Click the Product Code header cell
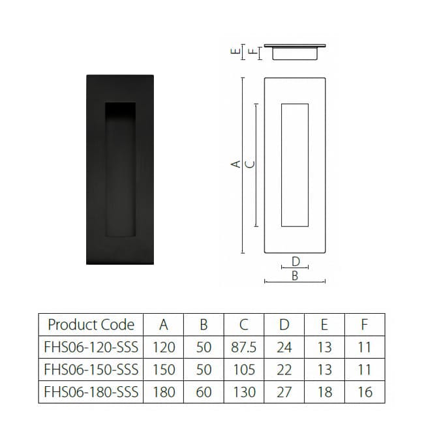pos(91,325)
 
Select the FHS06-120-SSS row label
pos(91,347)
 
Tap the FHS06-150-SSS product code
pos(91,369)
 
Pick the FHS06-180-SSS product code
pos(91,392)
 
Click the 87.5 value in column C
pos(243,347)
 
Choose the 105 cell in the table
pos(243,369)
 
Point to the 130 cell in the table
pos(243,392)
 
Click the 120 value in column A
pos(163,347)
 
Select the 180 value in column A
pos(163,392)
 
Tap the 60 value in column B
pos(204,392)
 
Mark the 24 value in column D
pos(284,347)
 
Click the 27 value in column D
pos(284,392)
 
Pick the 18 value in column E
pos(324,392)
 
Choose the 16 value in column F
pos(365,392)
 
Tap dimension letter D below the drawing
pos(295,261)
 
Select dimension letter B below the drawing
pos(295,276)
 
